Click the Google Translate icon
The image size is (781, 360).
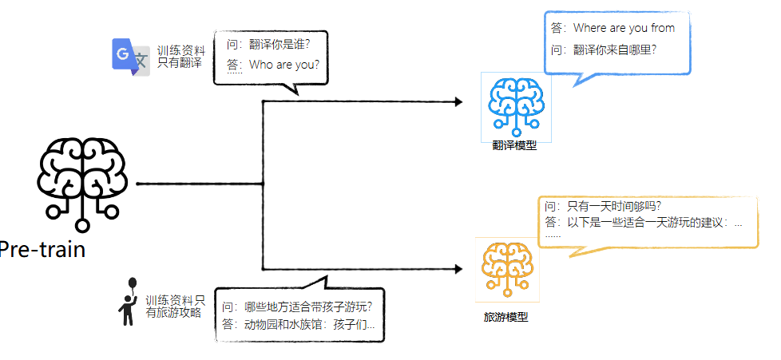pos(131,57)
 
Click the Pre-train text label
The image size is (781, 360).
pos(42,250)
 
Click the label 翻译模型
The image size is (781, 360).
pos(514,145)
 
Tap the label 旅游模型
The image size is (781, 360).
pos(505,317)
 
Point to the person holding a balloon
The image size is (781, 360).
pos(128,303)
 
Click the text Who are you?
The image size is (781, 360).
pos(283,65)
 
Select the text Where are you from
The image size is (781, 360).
pos(623,28)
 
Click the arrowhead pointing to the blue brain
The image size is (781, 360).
pos(458,102)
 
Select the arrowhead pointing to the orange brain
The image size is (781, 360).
pos(458,270)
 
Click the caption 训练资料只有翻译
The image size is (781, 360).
pos(180,57)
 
